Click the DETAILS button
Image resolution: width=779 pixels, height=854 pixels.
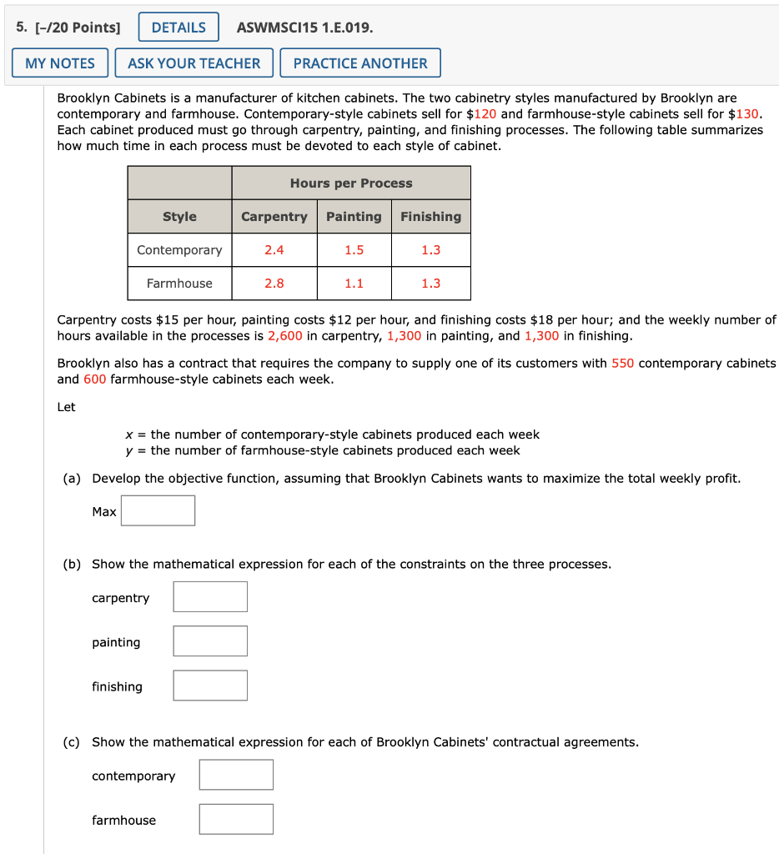pyautogui.click(x=178, y=28)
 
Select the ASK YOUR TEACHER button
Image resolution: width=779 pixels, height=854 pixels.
pyautogui.click(x=193, y=63)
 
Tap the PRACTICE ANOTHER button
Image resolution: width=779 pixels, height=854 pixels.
pyautogui.click(x=360, y=63)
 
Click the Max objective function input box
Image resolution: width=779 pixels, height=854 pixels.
pyautogui.click(x=158, y=510)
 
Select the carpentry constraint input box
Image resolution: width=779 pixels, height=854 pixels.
pyautogui.click(x=210, y=597)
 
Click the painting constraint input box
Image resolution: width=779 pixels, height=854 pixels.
pyautogui.click(x=210, y=641)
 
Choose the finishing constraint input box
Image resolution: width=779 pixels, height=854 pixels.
pyautogui.click(x=210, y=686)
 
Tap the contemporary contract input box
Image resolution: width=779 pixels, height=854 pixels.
pyautogui.click(x=236, y=775)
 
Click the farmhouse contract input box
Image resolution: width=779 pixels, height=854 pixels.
pyautogui.click(x=236, y=819)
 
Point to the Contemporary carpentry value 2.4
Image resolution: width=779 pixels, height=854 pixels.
pyautogui.click(x=274, y=250)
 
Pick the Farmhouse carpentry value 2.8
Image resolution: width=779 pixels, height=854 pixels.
pyautogui.click(x=274, y=284)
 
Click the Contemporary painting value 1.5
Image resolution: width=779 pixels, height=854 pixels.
pyautogui.click(x=354, y=250)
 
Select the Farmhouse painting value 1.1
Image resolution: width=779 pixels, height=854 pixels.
pyautogui.click(x=354, y=284)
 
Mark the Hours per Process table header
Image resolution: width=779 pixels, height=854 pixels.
pyautogui.click(x=351, y=183)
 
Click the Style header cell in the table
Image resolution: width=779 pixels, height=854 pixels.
pyautogui.click(x=179, y=217)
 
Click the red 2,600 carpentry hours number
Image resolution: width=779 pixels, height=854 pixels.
pyautogui.click(x=284, y=336)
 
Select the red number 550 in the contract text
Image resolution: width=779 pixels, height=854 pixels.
pyautogui.click(x=622, y=364)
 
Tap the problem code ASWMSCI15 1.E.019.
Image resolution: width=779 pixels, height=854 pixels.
pyautogui.click(x=305, y=28)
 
